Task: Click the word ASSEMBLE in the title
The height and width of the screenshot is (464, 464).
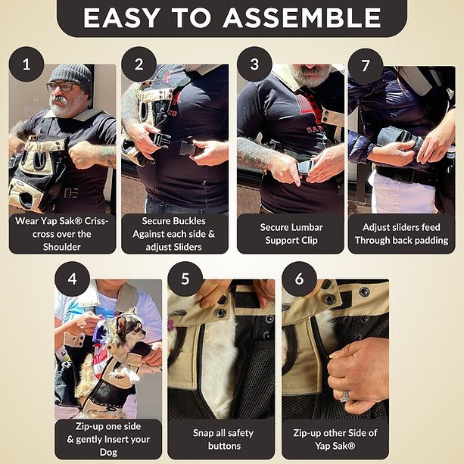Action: (x=302, y=17)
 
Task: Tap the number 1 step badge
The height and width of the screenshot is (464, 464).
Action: (x=26, y=64)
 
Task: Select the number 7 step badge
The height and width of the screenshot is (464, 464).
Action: (x=366, y=66)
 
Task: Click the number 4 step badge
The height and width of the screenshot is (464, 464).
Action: (x=72, y=279)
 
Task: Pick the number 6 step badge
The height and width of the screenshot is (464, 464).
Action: (x=300, y=279)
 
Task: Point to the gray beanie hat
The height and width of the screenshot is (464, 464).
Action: (x=71, y=76)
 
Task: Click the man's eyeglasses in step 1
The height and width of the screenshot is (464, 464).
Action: (x=62, y=87)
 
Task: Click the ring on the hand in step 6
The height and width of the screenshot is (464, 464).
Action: (x=345, y=396)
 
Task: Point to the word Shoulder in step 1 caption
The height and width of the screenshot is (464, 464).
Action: (x=62, y=247)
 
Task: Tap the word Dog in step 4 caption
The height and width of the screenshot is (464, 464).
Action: (x=108, y=453)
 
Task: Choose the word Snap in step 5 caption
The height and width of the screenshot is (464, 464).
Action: (x=203, y=433)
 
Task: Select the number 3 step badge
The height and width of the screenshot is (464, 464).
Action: (x=254, y=64)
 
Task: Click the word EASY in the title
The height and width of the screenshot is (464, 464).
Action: (x=122, y=17)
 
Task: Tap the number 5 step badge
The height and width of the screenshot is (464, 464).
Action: (x=185, y=279)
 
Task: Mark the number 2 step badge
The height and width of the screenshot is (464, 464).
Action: (x=139, y=64)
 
